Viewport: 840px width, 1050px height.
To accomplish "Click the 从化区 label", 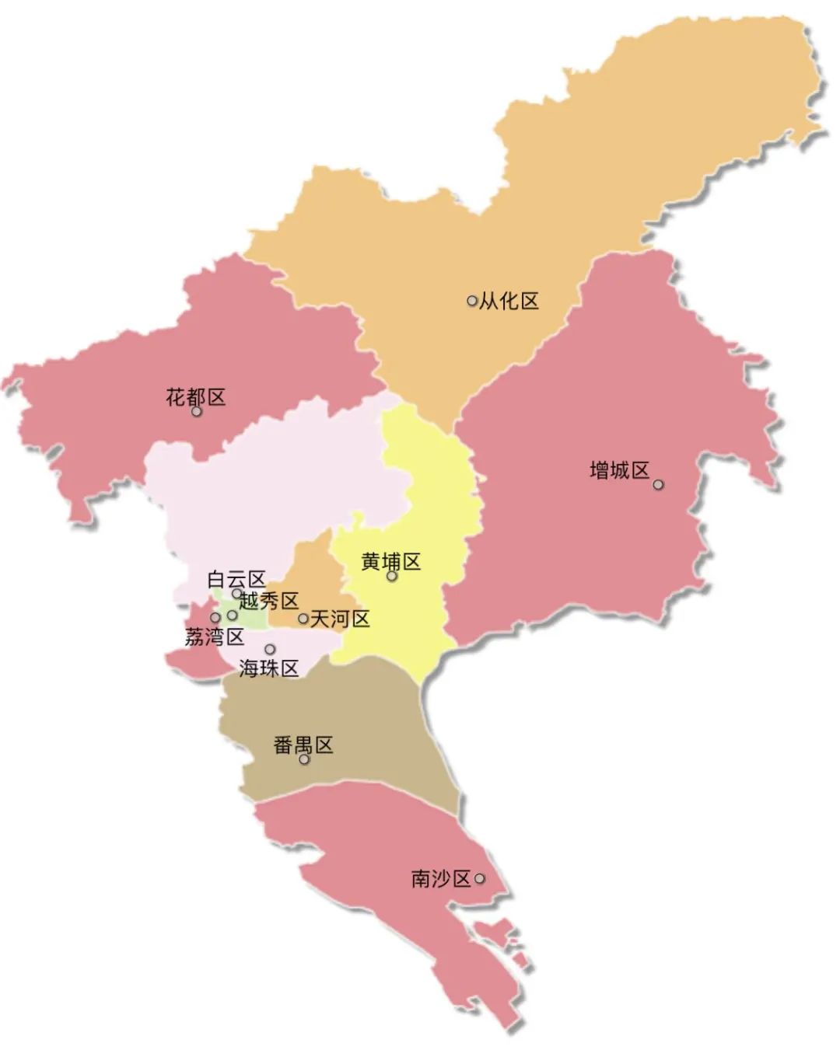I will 509,301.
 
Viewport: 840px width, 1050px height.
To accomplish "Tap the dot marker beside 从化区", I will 472,301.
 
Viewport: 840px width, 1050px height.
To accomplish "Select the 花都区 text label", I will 196,397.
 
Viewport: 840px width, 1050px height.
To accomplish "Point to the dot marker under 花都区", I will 197,412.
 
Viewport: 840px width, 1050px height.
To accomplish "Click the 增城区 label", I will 619,470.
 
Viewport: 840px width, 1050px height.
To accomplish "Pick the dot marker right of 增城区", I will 658,484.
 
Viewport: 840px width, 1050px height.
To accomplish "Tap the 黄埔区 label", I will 391,561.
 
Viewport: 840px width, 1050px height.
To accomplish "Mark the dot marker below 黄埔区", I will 392,577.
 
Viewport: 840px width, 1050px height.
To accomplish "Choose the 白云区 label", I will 236,580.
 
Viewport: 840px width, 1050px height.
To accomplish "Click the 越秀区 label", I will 269,601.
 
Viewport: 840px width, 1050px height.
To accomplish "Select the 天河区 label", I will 340,619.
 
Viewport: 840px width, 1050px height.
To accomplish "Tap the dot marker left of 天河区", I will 303,619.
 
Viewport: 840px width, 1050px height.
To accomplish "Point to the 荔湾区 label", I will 215,637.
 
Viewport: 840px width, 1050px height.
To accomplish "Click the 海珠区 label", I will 269,668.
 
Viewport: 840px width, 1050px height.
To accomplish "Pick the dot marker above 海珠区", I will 270,649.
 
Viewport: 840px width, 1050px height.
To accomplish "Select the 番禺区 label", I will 303,745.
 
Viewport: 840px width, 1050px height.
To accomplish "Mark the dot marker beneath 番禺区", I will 304,759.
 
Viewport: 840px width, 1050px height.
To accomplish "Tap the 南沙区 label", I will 441,879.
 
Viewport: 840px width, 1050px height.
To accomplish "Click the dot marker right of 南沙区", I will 480,879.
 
